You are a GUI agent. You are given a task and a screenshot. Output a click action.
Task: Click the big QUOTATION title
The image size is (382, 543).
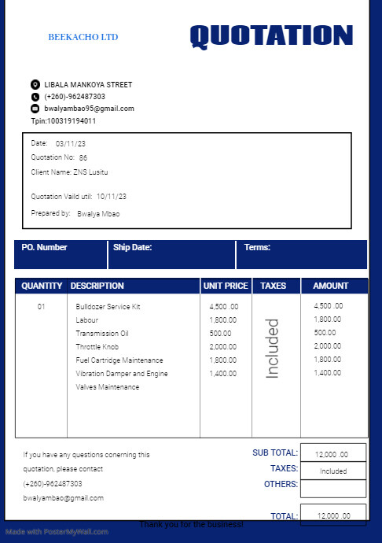pos(271,35)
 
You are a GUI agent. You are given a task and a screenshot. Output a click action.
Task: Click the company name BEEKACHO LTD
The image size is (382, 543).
pos(83,37)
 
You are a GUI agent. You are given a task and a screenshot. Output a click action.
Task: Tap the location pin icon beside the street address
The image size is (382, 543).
pos(35,84)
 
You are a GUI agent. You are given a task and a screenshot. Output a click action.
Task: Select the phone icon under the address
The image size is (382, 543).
pos(35,97)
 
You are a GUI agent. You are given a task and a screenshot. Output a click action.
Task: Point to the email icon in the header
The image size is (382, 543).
pos(35,109)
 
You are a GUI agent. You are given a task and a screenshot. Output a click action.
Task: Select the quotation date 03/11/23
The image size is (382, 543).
pos(71,144)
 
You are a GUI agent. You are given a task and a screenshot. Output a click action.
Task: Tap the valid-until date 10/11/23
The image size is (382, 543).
pos(106,197)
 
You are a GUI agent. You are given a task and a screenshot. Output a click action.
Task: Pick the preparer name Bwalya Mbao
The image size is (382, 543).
pos(98,213)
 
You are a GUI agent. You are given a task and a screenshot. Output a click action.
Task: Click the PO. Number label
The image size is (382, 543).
pos(44,247)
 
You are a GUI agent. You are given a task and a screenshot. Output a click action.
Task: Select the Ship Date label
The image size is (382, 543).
pos(132,247)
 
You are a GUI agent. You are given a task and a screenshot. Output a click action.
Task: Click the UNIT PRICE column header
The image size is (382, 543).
pos(226,286)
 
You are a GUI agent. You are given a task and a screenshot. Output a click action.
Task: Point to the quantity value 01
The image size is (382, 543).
pos(42,306)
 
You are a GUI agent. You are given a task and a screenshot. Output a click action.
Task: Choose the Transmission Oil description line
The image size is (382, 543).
pos(102,333)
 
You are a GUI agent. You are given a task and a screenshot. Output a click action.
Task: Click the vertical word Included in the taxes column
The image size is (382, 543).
pos(273,349)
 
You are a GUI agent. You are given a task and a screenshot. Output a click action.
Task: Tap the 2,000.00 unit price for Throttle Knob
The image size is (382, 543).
pos(223,346)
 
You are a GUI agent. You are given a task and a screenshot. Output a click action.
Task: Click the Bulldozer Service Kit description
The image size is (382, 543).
pos(108,306)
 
